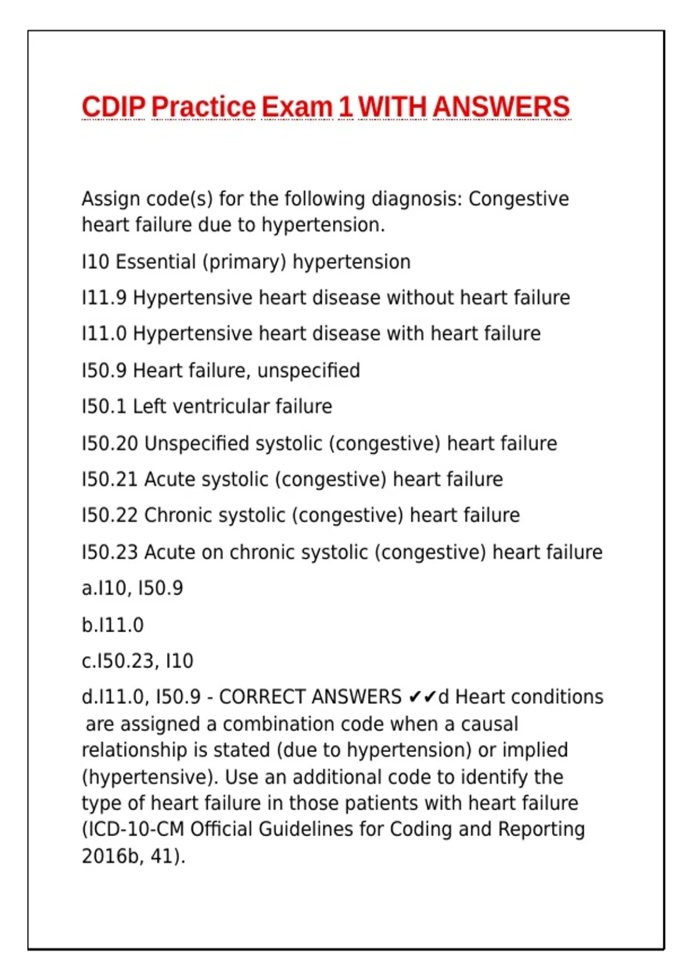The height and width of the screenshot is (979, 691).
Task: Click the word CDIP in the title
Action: (113, 107)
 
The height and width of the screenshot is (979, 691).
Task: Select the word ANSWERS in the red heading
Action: (501, 107)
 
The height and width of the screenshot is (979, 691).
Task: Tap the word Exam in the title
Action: (297, 107)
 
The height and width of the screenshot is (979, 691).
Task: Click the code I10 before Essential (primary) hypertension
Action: (95, 262)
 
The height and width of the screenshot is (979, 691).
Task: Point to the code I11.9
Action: (104, 298)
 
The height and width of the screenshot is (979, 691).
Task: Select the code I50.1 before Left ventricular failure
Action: (104, 407)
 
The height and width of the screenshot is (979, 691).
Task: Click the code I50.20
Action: (109, 443)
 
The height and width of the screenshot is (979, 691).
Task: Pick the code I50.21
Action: (109, 479)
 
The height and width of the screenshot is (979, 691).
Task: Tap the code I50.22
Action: (109, 515)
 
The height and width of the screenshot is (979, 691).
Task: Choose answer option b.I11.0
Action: (113, 625)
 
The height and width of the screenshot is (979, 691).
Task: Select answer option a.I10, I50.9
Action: (132, 588)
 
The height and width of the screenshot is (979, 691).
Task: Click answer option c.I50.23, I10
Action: (138, 661)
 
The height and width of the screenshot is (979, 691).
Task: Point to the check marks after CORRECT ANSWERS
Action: (422, 697)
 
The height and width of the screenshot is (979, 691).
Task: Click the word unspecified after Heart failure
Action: (309, 370)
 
